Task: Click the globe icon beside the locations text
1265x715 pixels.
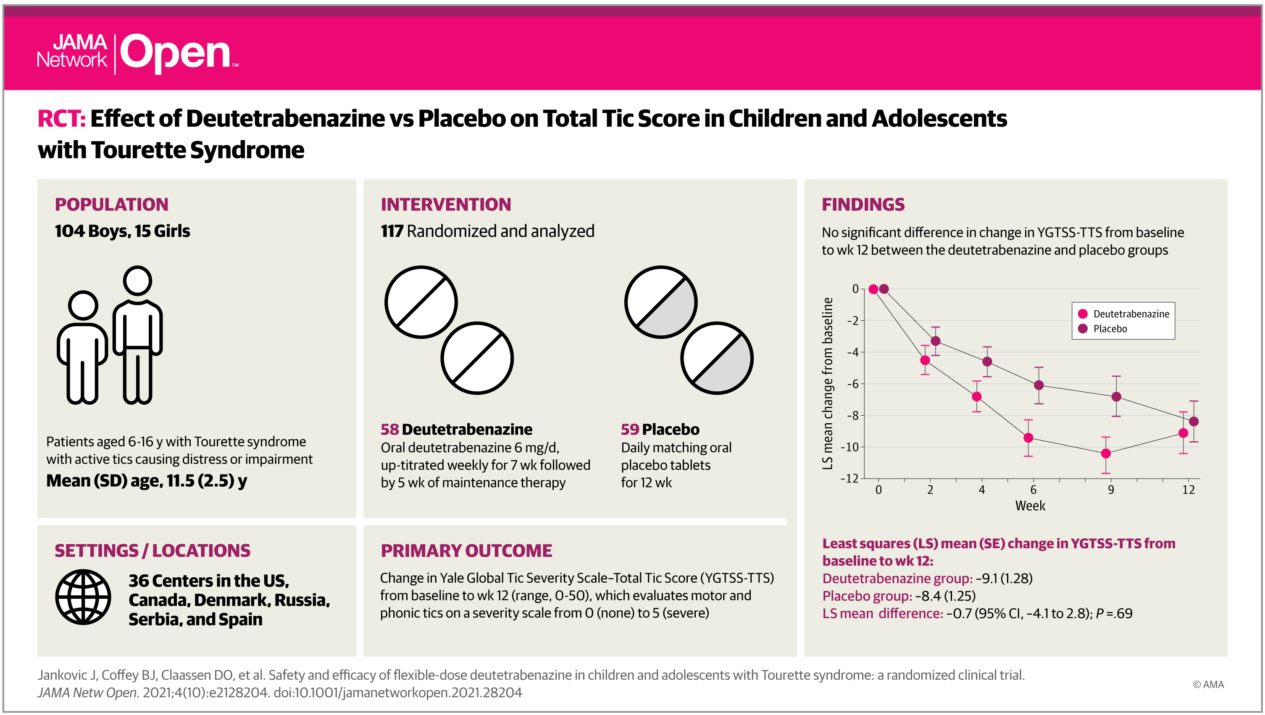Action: [83, 597]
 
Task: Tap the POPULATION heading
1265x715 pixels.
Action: [111, 204]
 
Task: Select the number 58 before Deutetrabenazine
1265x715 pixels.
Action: [389, 429]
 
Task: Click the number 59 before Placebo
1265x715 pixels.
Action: [630, 429]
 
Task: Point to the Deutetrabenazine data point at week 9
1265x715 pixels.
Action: [1105, 453]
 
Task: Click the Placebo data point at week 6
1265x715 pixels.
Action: [1039, 385]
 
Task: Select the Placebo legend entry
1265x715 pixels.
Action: [1103, 328]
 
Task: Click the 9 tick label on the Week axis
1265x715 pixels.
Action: [1111, 490]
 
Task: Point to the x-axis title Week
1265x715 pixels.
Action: [1030, 506]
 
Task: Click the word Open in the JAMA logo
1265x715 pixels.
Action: [175, 53]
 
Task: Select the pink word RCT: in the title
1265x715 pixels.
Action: [61, 118]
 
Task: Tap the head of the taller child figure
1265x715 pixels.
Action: [137, 280]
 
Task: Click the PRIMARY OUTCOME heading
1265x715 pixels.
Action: [466, 550]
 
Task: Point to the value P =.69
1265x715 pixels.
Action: [1114, 613]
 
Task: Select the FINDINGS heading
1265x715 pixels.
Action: [863, 204]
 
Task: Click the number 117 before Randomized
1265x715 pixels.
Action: [392, 231]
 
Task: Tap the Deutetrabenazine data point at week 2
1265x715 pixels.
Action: [925, 360]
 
